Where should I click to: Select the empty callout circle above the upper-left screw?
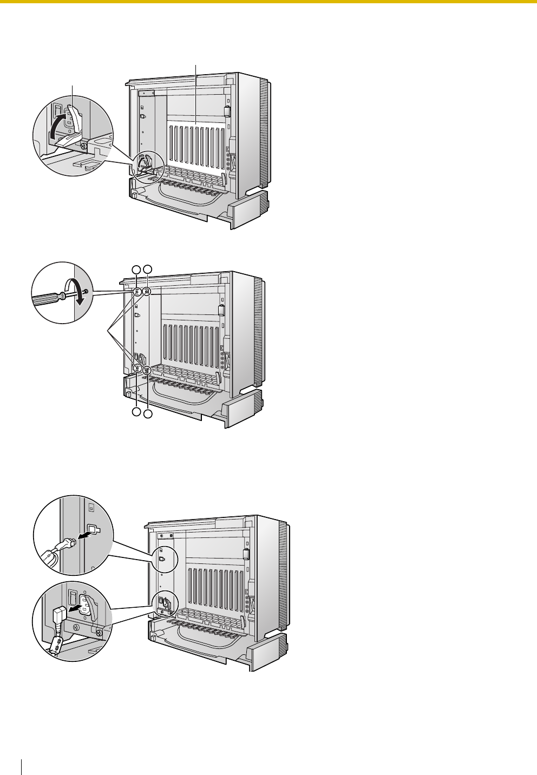point(137,269)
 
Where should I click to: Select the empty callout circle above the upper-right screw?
point(148,269)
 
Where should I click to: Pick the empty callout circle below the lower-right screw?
point(148,413)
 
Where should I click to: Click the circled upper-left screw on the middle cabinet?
point(137,292)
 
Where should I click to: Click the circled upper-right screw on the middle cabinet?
point(147,292)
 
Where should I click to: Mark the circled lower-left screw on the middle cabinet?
point(137,369)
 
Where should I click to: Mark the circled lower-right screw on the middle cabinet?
point(147,371)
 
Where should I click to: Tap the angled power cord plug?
point(59,614)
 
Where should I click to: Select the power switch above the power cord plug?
point(70,597)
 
